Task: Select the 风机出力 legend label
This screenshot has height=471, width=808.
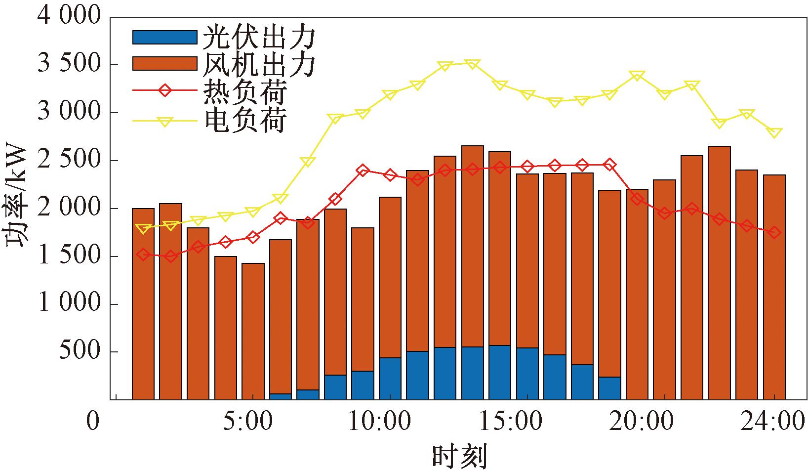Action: pos(259,64)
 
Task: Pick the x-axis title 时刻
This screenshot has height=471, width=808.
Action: pos(459,456)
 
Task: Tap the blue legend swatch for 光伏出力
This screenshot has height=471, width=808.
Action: pos(164,38)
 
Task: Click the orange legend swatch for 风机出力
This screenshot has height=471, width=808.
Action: pos(164,64)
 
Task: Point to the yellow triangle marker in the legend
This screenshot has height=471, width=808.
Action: pos(165,120)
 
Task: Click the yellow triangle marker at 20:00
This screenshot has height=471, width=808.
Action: pos(637,76)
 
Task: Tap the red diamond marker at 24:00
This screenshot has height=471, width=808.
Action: pos(774,232)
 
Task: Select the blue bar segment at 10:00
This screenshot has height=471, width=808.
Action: pos(390,378)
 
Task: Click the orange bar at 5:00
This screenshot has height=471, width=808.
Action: pos(253,331)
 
